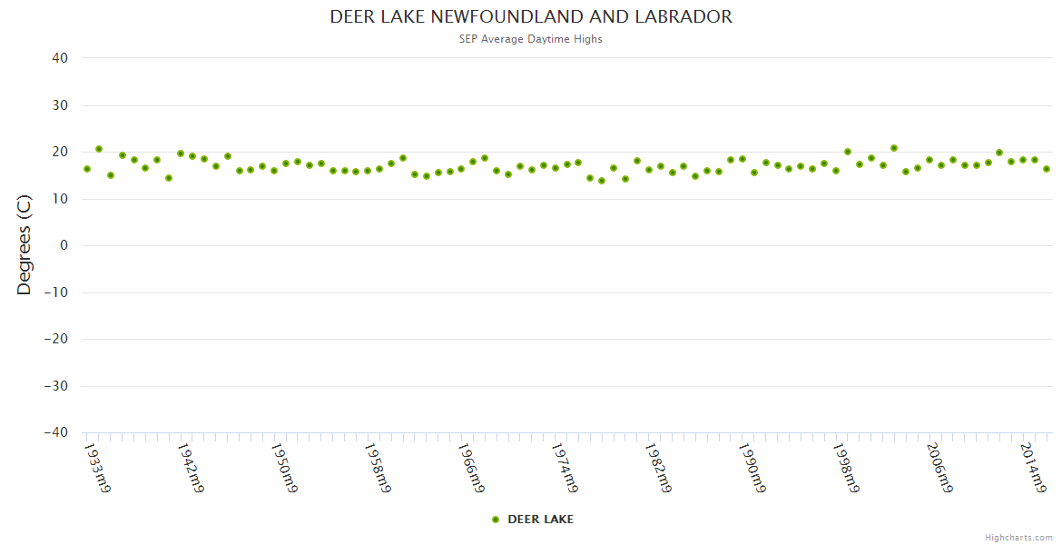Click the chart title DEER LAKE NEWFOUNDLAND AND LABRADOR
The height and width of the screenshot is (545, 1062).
click(x=531, y=17)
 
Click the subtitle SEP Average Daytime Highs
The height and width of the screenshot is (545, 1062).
click(x=531, y=39)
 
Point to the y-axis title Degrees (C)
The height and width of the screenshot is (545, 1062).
click(x=25, y=245)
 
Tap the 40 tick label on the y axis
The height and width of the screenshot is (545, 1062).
click(x=60, y=58)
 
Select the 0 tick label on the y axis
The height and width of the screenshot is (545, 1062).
click(x=64, y=245)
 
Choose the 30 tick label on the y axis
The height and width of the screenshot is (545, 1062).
click(x=60, y=105)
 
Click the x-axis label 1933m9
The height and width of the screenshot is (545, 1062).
click(x=97, y=468)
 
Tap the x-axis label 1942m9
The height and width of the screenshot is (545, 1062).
click(x=191, y=468)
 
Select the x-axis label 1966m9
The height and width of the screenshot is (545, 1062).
click(x=470, y=468)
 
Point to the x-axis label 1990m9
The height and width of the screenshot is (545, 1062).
click(x=751, y=468)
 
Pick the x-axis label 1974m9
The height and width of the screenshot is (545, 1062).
click(x=564, y=468)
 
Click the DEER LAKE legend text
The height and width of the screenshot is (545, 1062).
click(x=540, y=520)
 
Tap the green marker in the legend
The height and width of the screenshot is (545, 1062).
click(x=496, y=520)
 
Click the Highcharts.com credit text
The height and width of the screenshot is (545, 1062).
click(x=1018, y=537)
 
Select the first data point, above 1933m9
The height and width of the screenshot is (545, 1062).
click(x=87, y=169)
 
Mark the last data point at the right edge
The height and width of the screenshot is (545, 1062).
click(x=1047, y=169)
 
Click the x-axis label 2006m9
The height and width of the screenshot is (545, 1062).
click(x=939, y=468)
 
